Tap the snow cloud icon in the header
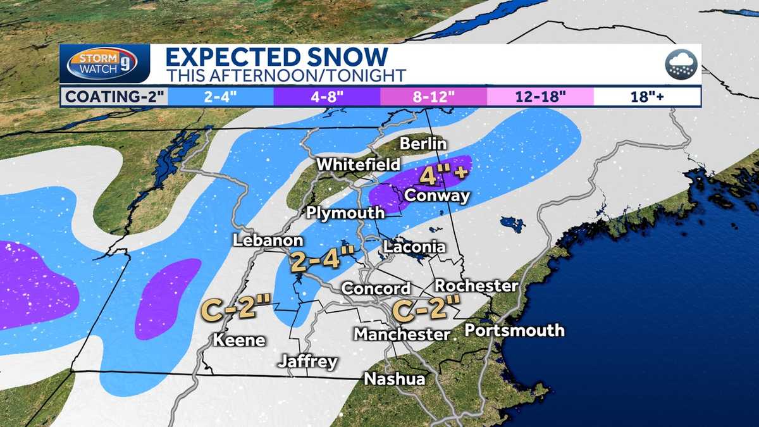point(681,65)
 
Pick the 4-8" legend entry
point(326,97)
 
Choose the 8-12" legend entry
point(433,97)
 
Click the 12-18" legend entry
point(540,97)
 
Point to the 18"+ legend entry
point(646,97)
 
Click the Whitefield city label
point(359,164)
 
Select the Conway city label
point(437,195)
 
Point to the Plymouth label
point(345,213)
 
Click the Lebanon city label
point(268,240)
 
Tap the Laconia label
point(414,247)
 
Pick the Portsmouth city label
point(514,330)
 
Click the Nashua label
point(394,379)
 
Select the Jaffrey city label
point(309,362)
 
